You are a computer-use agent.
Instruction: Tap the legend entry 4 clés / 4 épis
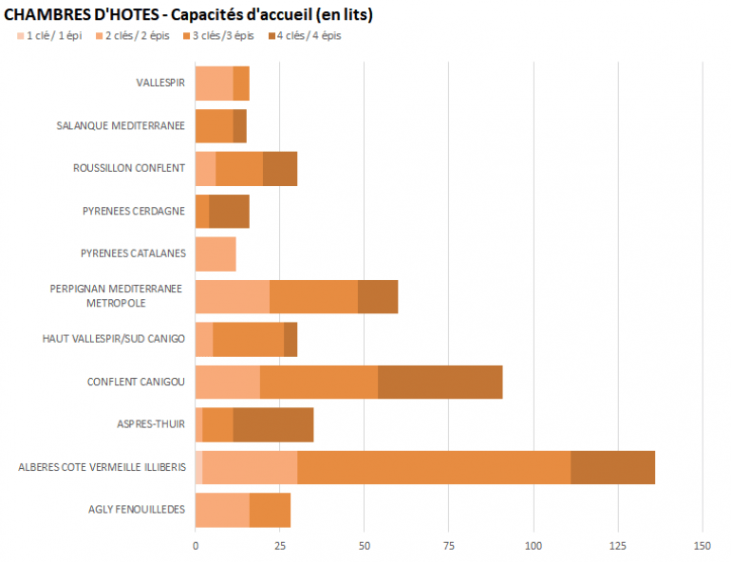coord(309,36)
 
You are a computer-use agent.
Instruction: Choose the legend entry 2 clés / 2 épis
coord(138,36)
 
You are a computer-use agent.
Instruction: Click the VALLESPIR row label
coord(159,84)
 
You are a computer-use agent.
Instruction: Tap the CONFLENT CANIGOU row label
coord(136,383)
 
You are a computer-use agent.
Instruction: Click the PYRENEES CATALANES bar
coord(216,254)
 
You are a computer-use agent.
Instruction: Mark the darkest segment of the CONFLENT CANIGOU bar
coord(440,383)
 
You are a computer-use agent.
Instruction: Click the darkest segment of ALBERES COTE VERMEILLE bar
coord(612,468)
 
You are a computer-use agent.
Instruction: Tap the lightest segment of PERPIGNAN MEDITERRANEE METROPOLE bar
coord(233,297)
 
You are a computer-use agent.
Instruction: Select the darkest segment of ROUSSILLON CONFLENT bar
coord(280,169)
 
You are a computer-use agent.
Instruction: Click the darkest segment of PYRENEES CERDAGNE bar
coord(229,212)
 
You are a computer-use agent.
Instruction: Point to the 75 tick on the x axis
coord(449,546)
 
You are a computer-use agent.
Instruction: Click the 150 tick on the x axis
coord(703,546)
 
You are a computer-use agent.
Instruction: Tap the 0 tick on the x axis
coord(196,546)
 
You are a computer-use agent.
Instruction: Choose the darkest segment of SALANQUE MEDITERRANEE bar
coord(239,126)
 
